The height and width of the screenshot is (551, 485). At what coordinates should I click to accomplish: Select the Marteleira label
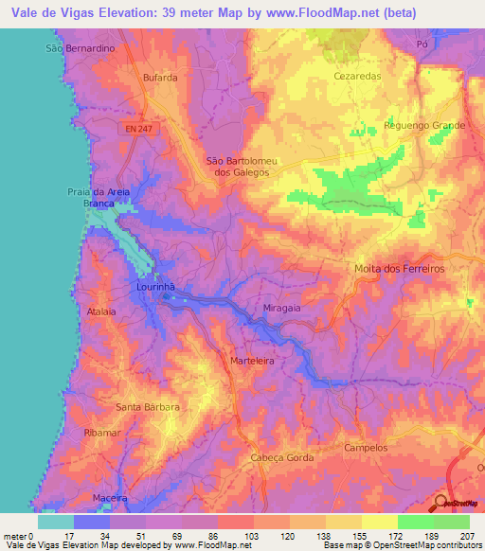252,361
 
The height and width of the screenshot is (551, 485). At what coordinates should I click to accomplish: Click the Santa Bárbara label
142,408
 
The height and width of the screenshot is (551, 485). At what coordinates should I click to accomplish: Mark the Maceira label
110,497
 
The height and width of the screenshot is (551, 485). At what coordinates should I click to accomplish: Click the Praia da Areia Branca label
105,198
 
